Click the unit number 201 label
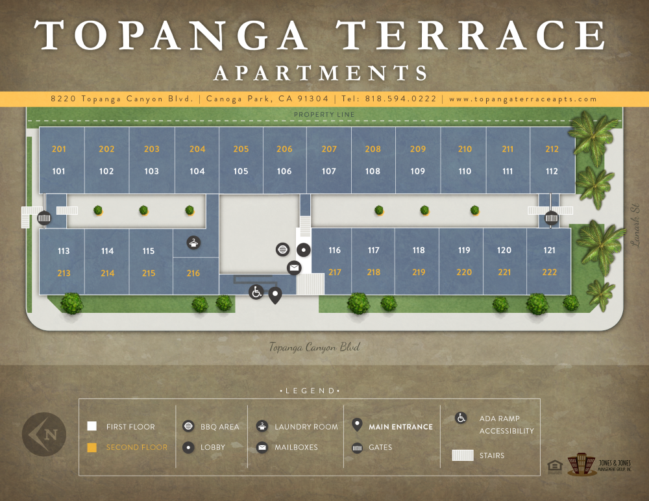(x=59, y=149)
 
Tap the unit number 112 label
(x=552, y=171)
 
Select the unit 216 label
(x=193, y=273)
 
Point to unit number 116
(x=334, y=250)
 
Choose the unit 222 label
(x=549, y=273)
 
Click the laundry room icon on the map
(x=193, y=243)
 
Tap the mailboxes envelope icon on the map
(x=294, y=267)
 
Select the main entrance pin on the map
(x=275, y=296)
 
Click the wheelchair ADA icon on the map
(x=256, y=292)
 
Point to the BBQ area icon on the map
(x=282, y=250)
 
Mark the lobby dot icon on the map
(x=304, y=250)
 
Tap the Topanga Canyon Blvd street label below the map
(x=314, y=347)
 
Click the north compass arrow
(x=43, y=433)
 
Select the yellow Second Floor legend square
(x=92, y=447)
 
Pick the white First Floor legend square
(x=92, y=426)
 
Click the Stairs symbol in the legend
(x=463, y=456)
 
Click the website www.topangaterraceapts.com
(x=522, y=99)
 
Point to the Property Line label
(x=324, y=115)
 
